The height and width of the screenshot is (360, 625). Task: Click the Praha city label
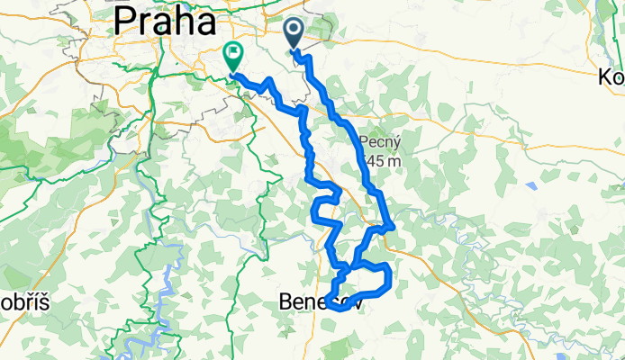pos(164,20)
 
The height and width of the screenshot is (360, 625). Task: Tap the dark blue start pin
pos(295,34)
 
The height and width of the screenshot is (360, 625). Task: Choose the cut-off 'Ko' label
pos(611,77)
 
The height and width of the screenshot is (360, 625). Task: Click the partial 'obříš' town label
pos(16,299)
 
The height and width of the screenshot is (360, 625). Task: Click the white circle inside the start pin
pos(295,31)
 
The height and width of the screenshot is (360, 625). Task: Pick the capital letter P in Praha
pos(124,20)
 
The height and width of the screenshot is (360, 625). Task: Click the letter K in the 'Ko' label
pos(605,77)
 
